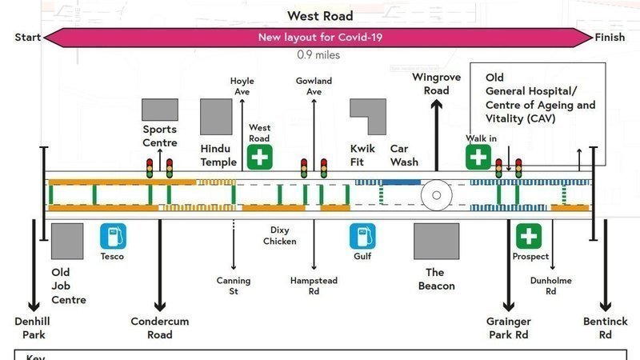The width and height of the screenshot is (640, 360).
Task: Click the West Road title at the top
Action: [x=320, y=16]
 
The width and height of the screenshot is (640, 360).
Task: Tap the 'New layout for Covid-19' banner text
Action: [x=319, y=38]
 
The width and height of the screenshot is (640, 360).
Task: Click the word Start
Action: [x=28, y=38]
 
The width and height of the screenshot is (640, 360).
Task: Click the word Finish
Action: [x=610, y=38]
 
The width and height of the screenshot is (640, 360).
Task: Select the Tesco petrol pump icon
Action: [x=113, y=236]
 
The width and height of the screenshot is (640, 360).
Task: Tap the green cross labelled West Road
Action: [x=259, y=157]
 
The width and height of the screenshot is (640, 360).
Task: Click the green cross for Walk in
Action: [x=478, y=157]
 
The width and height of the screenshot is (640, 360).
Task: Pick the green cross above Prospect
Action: [x=528, y=236]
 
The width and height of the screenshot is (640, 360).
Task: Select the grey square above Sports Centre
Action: [x=160, y=110]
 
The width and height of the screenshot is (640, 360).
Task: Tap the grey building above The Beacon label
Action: [x=436, y=242]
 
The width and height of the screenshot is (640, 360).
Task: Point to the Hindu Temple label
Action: [x=218, y=155]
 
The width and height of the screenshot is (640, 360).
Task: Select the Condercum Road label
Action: [x=160, y=328]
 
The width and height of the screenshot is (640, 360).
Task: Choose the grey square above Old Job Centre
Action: [x=66, y=242]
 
